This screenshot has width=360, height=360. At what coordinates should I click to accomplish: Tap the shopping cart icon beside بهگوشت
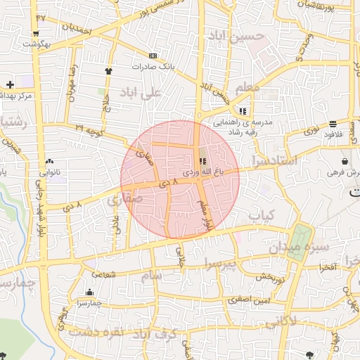[36, 33]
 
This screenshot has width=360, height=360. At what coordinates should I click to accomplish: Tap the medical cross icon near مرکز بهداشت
[10, 84]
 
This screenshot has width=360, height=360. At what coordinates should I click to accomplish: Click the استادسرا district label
[277, 162]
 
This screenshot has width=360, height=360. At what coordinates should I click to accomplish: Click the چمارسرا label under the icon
[90, 303]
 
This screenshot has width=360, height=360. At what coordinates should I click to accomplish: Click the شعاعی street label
[103, 276]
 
